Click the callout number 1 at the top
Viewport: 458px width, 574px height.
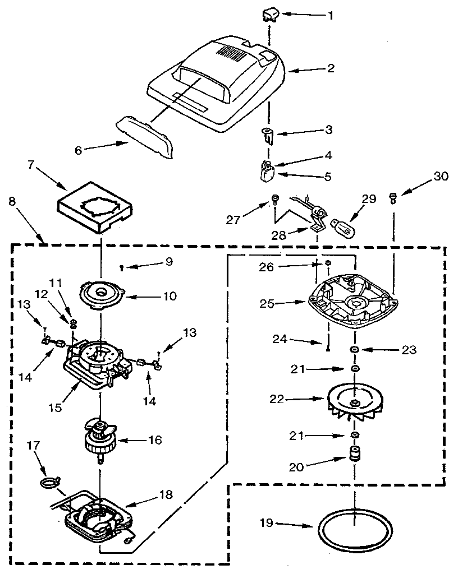[331, 16]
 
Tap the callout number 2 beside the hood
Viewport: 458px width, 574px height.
[331, 68]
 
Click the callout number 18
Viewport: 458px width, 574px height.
[166, 494]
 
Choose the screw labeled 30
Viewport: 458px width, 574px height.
[393, 197]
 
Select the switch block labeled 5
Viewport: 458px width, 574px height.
[266, 174]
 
